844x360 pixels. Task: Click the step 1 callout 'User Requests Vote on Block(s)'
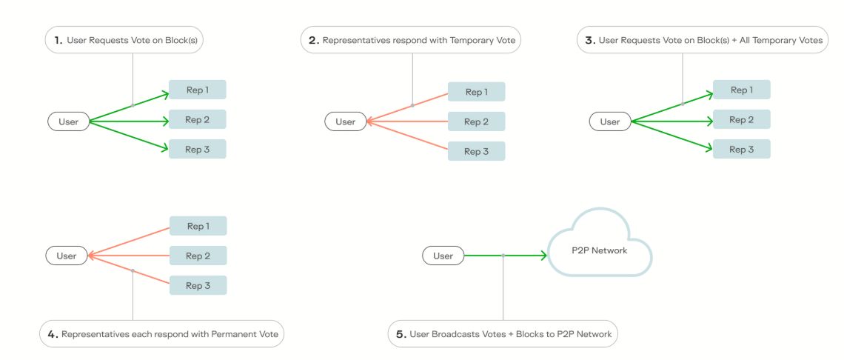click(x=124, y=41)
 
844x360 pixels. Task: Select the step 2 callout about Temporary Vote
click(x=411, y=41)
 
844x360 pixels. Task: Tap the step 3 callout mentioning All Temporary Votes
click(x=703, y=41)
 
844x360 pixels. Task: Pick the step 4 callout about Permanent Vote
click(x=161, y=334)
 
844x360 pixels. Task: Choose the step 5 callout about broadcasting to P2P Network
click(x=503, y=334)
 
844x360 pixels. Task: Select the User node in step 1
click(x=68, y=121)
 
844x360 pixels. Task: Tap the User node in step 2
click(x=345, y=121)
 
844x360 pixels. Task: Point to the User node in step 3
click(x=610, y=121)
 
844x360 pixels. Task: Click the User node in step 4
click(x=67, y=256)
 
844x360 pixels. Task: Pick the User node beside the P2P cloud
click(x=443, y=256)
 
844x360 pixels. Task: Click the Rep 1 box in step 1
click(x=197, y=90)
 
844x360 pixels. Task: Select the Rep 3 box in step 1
click(x=197, y=149)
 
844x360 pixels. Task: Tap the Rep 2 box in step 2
click(x=476, y=121)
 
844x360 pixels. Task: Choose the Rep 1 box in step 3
click(x=741, y=90)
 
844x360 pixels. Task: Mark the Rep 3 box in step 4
click(x=198, y=285)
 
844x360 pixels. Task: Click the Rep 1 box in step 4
click(x=198, y=226)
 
